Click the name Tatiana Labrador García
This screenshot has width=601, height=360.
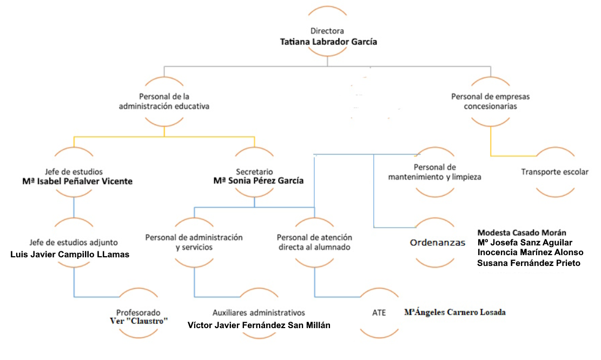coord(328,42)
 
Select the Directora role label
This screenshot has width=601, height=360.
coord(327,31)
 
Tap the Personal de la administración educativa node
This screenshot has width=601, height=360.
coord(164,102)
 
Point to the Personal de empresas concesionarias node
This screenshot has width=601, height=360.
coord(490,102)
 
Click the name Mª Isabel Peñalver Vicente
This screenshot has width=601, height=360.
coord(77,181)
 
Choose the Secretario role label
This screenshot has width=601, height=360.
coord(254,171)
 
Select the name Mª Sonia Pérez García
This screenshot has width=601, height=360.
coord(259,181)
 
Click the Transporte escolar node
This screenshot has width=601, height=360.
coord(554,172)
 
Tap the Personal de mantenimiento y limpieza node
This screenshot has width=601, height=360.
coord(434,172)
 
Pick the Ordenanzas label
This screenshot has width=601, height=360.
coord(437,242)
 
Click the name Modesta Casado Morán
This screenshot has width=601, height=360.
coord(521,232)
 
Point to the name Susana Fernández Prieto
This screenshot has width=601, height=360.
coord(529,263)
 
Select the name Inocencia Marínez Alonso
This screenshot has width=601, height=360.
coord(530,252)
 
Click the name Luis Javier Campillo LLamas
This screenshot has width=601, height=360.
coord(70,254)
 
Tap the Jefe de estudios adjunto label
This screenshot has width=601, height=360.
coord(74,242)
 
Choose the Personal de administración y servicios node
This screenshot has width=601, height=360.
coord(194,242)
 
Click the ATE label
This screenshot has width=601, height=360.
coord(379,313)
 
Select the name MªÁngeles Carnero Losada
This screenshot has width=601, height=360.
coord(454,312)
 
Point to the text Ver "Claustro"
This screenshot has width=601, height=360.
coord(138,321)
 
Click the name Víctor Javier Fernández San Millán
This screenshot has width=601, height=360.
coord(259,325)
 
